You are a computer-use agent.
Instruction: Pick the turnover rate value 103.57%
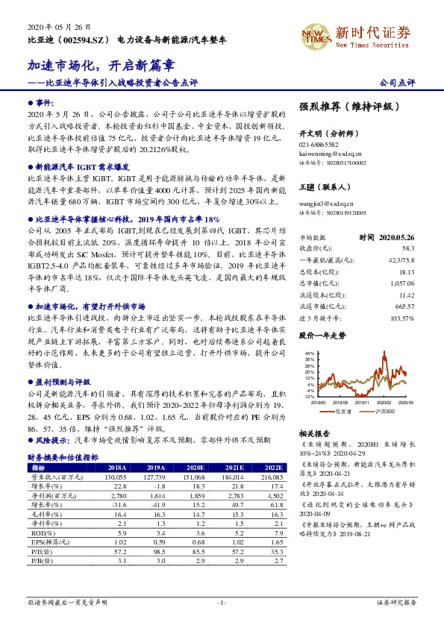coord(401,318)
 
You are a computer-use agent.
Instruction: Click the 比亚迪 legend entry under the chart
coord(343,409)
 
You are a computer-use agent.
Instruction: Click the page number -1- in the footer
coord(222,602)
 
